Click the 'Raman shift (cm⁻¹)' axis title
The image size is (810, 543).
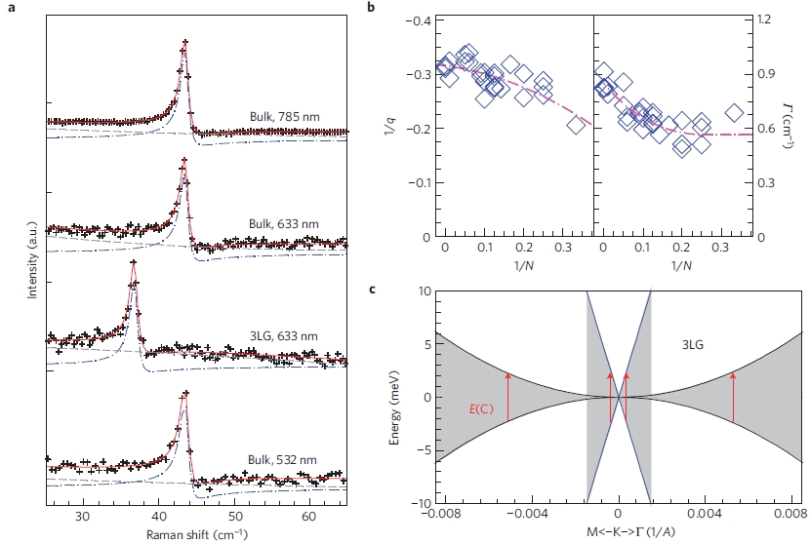tap(196, 534)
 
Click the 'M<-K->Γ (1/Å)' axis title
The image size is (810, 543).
tap(617, 533)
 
